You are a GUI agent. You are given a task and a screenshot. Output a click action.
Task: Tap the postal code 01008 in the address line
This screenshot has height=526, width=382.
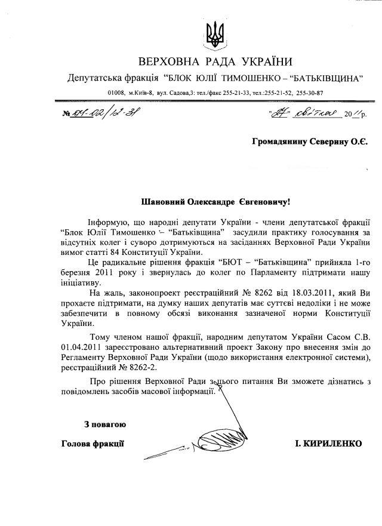pyautogui.click(x=116, y=93)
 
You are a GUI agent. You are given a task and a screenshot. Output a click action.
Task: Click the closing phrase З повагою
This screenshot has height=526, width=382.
pyautogui.click(x=104, y=425)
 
